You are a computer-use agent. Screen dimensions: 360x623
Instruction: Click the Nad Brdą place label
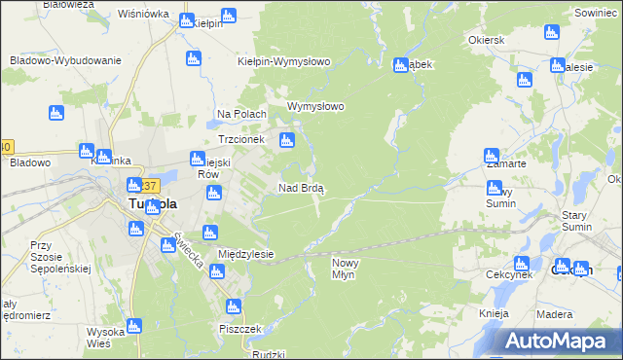[x=302, y=188]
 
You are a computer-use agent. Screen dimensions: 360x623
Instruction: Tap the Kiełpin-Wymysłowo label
[x=284, y=61]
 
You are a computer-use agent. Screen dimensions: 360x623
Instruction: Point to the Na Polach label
[x=241, y=114]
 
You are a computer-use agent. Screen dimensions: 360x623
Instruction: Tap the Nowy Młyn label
[x=348, y=270]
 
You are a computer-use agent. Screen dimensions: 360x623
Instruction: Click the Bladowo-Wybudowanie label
[x=65, y=60]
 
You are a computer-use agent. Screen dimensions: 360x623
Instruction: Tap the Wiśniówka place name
[x=143, y=15]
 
